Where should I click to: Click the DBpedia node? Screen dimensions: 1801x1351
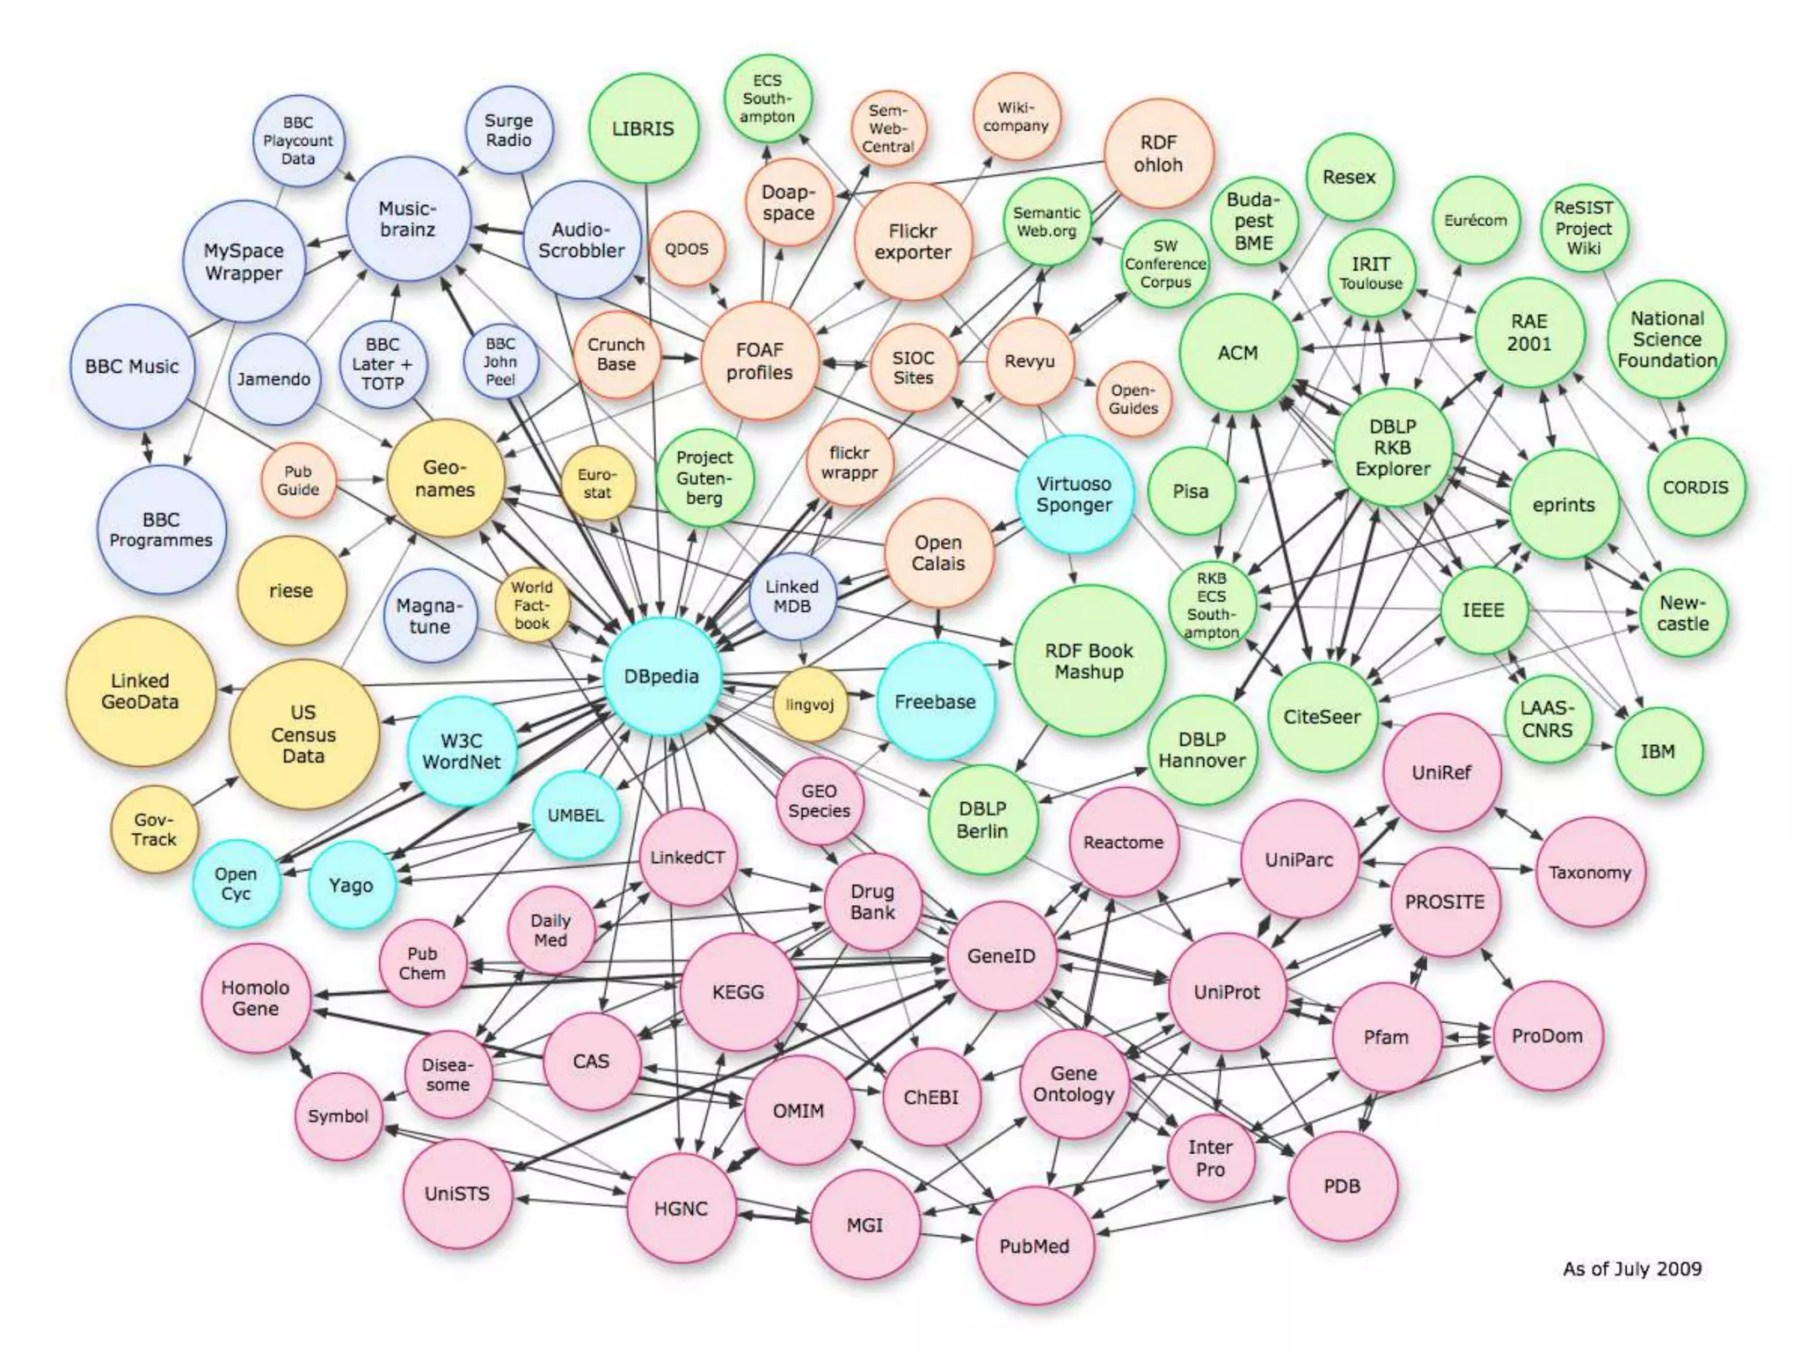point(662,676)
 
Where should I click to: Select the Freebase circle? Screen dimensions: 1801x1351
point(936,702)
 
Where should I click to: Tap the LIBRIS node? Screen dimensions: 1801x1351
point(643,128)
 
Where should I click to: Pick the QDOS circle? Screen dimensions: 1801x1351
point(687,249)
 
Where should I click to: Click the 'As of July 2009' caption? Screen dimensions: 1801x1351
point(1632,1268)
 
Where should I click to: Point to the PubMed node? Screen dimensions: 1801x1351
point(1034,1245)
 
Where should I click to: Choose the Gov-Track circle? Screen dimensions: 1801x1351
point(155,829)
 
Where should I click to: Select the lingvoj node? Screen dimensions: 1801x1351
point(810,705)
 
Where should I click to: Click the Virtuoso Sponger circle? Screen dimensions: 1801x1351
point(1074,494)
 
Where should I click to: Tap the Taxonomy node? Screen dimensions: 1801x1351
point(1590,873)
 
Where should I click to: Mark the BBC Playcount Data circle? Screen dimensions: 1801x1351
point(298,141)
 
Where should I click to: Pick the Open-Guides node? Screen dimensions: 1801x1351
point(1133,399)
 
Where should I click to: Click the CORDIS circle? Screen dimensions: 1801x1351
point(1695,487)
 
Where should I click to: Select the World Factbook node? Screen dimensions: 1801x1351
point(532,605)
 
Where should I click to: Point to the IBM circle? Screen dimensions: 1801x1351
point(1658,751)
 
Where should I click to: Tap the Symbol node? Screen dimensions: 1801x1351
point(338,1116)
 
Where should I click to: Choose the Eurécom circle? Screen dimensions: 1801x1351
point(1476,220)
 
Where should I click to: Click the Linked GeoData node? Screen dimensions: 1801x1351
point(140,691)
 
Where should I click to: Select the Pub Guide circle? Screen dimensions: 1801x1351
point(298,481)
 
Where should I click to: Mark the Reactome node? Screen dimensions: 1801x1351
point(1123,842)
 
